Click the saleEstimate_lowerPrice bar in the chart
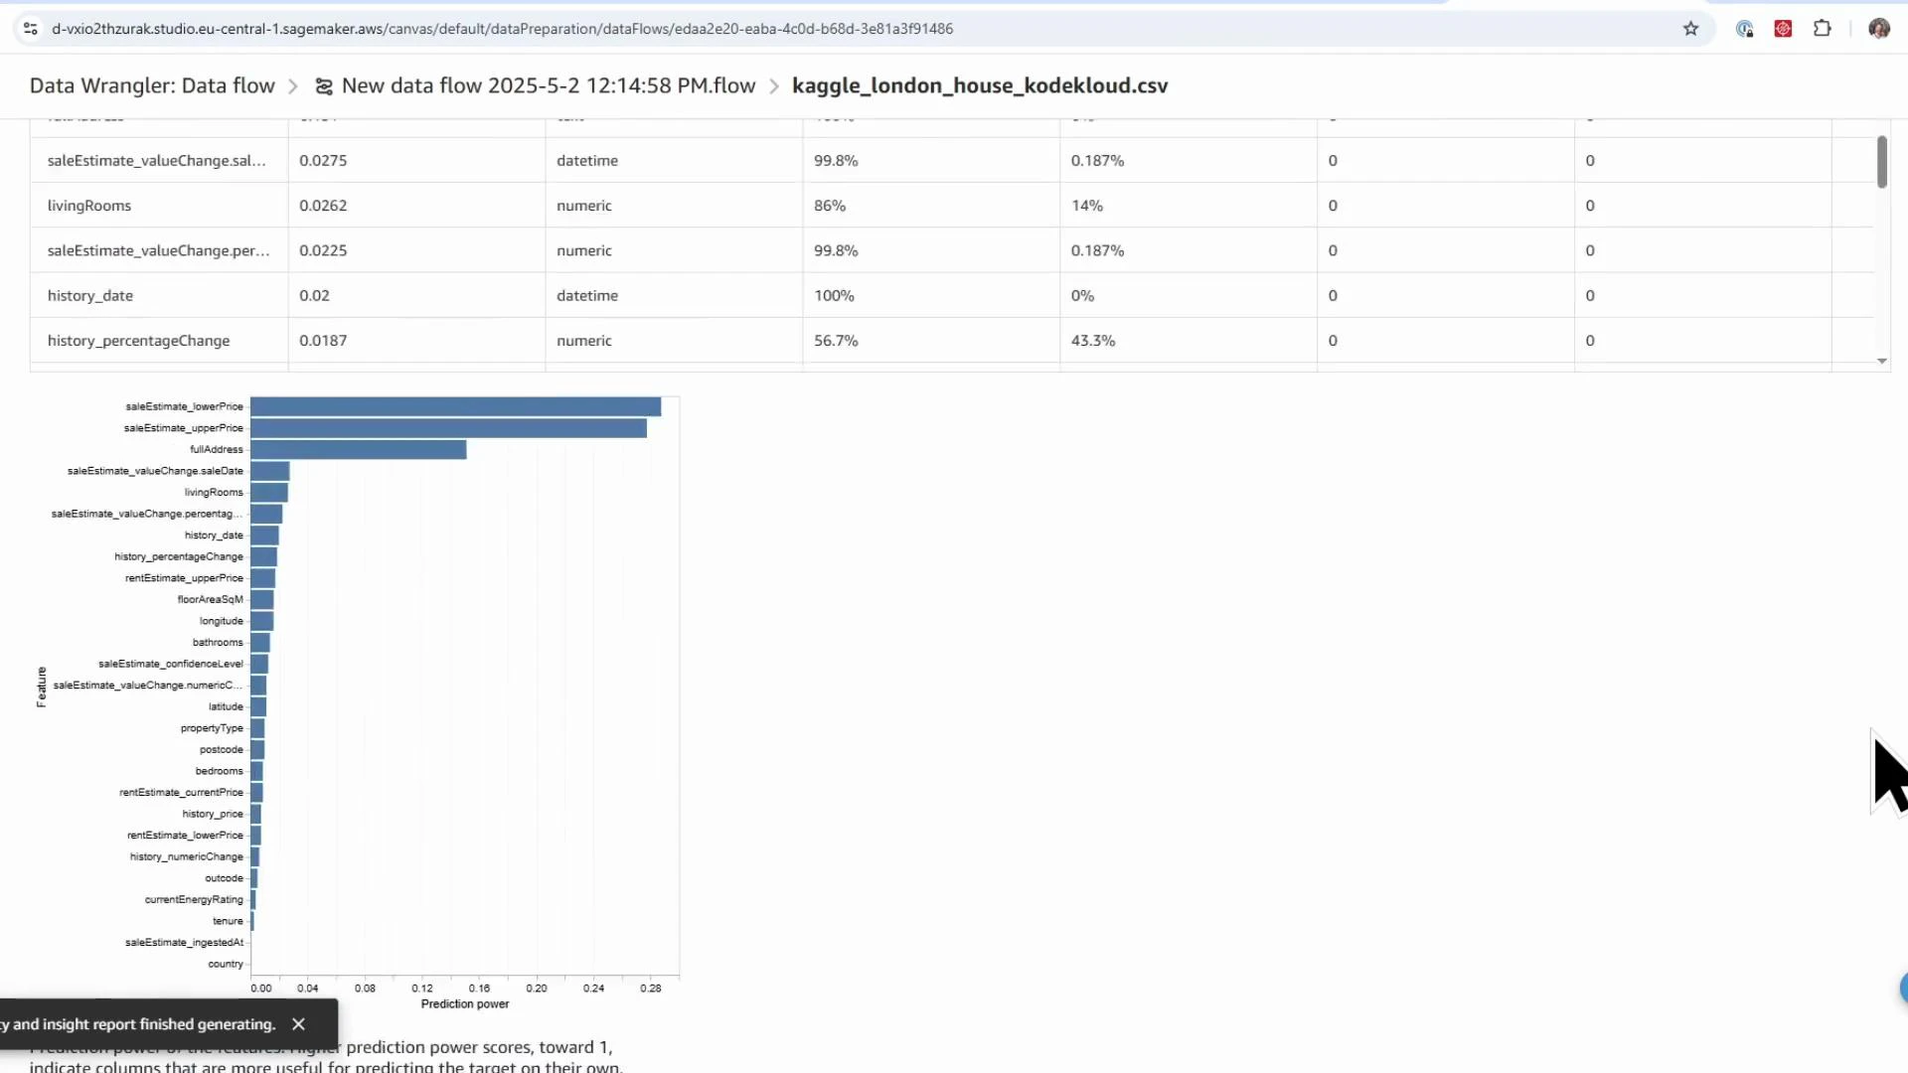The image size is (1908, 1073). pos(455,406)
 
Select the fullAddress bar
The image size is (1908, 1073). pos(358,450)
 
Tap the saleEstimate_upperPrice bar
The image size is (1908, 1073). pos(448,428)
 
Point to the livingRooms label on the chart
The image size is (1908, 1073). pos(213,493)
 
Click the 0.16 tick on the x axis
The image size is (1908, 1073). pos(479,989)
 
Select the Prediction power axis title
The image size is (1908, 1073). pos(464,1004)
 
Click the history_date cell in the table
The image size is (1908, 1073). pos(90,296)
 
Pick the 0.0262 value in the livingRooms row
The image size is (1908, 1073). pos(323,206)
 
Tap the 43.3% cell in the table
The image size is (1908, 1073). pos(1093,341)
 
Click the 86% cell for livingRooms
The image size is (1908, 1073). pos(830,206)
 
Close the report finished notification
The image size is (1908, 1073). pos(298,1024)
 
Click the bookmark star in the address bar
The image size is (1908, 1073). pos(1690,29)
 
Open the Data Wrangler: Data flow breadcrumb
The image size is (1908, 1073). pos(152,86)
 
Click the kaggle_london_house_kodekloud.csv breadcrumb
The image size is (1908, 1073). pos(980,86)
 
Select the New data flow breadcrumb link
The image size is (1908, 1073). pos(548,86)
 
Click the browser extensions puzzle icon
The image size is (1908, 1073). pos(1822,29)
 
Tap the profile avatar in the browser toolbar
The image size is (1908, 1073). pos(1878,29)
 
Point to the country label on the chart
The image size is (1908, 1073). pos(226,965)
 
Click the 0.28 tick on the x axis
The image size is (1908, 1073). pos(650,989)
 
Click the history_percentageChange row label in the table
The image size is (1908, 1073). pos(138,341)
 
